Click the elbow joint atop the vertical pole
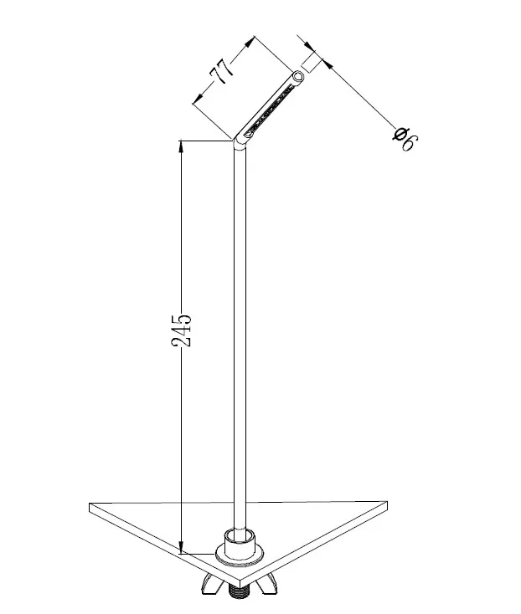(x=240, y=143)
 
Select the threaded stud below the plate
(x=240, y=592)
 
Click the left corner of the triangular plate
(x=90, y=506)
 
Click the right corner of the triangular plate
(x=387, y=504)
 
